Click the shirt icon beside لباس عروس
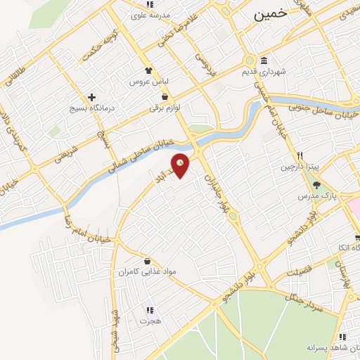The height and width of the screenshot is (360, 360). click(148, 70)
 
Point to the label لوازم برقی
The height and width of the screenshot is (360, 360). click(165, 108)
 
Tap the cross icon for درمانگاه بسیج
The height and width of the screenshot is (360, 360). click(91, 97)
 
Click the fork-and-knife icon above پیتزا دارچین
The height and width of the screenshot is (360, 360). click(300, 155)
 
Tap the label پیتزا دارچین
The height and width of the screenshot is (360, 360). click(300, 167)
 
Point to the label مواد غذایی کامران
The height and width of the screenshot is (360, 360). click(145, 271)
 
